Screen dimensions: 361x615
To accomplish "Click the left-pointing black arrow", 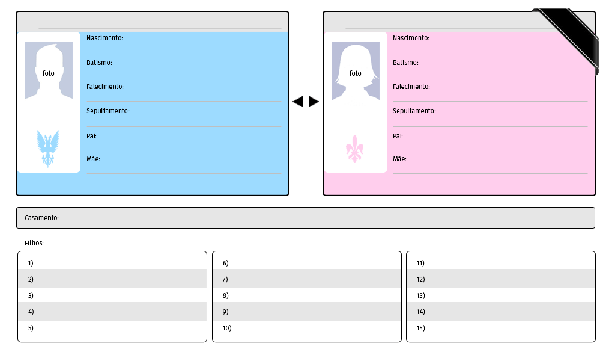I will pyautogui.click(x=298, y=102).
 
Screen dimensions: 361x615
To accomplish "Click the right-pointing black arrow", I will pyautogui.click(x=314, y=102).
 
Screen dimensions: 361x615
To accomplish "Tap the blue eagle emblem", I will pyautogui.click(x=48, y=148).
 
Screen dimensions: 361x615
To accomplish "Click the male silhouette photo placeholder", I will pyautogui.click(x=49, y=70).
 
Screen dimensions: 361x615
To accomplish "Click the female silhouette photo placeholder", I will pyautogui.click(x=356, y=70).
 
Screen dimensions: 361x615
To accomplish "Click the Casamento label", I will pyautogui.click(x=41, y=218).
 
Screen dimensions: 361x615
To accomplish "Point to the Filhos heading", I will pyautogui.click(x=34, y=244).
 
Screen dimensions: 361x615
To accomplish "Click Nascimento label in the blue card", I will pyautogui.click(x=105, y=38).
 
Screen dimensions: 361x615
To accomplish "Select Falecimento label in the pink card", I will pyautogui.click(x=411, y=87).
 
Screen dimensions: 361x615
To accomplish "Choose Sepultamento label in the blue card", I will pyautogui.click(x=108, y=111).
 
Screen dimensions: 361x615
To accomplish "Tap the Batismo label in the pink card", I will pyautogui.click(x=405, y=63).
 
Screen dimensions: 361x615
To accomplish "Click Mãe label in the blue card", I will pyautogui.click(x=93, y=159).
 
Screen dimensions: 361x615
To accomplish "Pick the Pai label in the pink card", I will pyautogui.click(x=398, y=136).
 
